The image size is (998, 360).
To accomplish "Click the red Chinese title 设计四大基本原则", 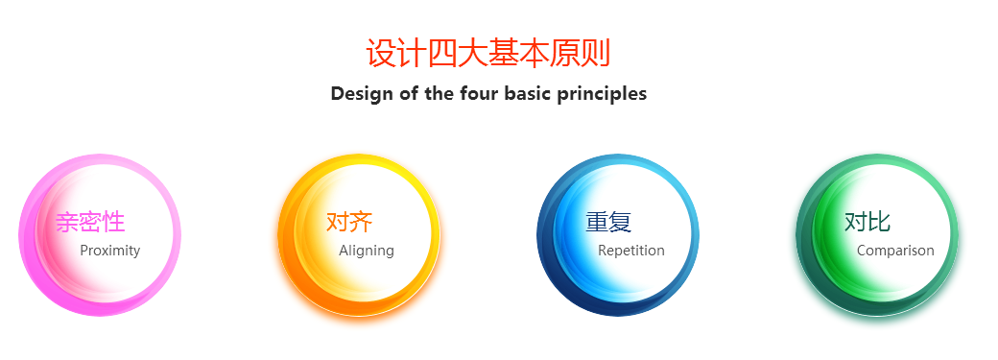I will [x=488, y=53].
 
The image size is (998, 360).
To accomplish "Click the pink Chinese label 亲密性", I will [x=90, y=222].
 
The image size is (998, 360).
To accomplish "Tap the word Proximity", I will [x=110, y=251].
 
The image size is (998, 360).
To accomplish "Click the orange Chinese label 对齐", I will [x=349, y=222].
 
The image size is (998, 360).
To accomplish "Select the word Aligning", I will [x=367, y=251].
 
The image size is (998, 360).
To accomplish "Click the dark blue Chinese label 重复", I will [x=608, y=222].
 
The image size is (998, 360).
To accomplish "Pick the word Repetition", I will [x=631, y=251].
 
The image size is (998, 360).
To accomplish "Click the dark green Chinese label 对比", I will [x=867, y=222].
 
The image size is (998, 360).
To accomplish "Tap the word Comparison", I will [x=895, y=251].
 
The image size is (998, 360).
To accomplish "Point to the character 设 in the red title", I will [x=382, y=53].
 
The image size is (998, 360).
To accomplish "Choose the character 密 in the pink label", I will [x=90, y=222].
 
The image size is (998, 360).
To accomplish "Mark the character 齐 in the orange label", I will [x=361, y=222].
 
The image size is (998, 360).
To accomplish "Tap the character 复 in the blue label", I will [x=620, y=222].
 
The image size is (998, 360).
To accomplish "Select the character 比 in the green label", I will [x=879, y=222].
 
